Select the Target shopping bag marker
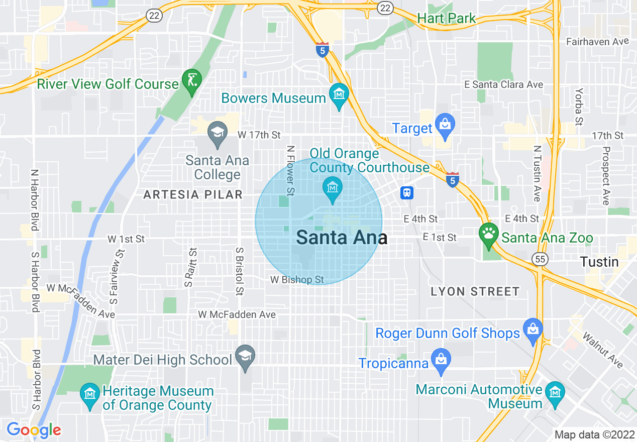click(x=445, y=125)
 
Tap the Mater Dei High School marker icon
click(x=245, y=356)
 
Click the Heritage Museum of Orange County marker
click(x=90, y=395)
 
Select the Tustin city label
click(x=599, y=262)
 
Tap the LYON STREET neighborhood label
click(x=475, y=291)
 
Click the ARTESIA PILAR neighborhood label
click(x=193, y=194)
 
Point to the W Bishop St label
click(x=297, y=279)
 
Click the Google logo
click(x=34, y=430)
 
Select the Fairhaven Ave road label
click(x=597, y=42)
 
